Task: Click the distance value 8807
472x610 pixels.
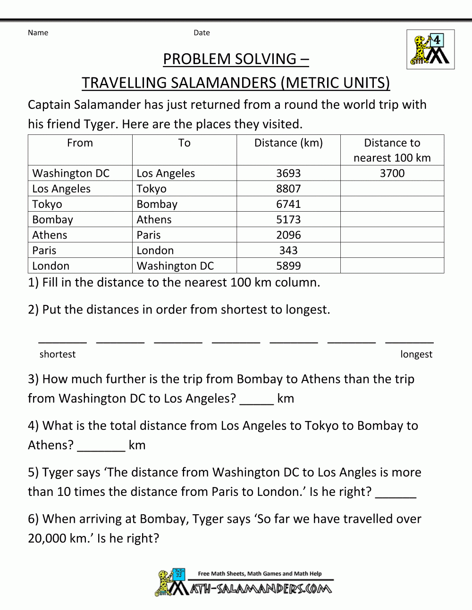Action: [x=288, y=189]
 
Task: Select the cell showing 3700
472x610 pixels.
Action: [x=392, y=173]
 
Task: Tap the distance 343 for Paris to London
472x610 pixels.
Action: [x=288, y=250]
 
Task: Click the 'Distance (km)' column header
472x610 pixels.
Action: [x=288, y=143]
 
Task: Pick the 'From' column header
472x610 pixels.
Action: [x=80, y=143]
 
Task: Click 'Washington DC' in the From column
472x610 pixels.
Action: [x=71, y=173]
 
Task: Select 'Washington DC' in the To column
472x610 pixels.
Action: [x=175, y=266]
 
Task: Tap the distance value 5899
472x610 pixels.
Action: [x=288, y=266]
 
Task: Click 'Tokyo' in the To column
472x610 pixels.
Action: [x=152, y=189]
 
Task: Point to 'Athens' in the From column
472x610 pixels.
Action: [x=50, y=235]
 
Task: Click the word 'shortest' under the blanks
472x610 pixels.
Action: [x=58, y=354]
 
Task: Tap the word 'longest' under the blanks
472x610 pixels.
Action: [x=416, y=354]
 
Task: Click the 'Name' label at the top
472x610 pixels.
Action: [x=38, y=33]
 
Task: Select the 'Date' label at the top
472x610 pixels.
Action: [x=202, y=33]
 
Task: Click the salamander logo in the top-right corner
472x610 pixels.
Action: [x=430, y=49]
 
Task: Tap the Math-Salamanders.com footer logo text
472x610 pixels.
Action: [x=261, y=588]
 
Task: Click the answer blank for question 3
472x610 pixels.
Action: [x=257, y=400]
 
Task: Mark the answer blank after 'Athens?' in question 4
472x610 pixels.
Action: [x=101, y=446]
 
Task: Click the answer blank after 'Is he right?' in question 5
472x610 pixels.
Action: [x=396, y=493]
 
